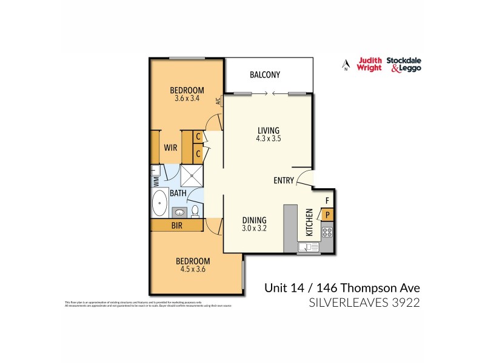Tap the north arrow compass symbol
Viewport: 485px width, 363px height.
346,65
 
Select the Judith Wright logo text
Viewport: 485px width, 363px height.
369,64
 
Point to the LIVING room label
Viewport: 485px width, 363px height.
268,130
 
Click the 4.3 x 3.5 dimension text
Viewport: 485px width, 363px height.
268,139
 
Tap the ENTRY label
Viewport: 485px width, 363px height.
284,180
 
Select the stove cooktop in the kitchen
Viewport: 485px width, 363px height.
327,231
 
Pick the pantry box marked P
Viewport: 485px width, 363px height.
327,214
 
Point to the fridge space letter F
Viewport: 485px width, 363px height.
327,200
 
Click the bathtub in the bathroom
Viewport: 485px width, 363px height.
160,203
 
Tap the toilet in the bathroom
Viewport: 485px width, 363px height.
196,211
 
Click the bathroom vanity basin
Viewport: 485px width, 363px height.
179,212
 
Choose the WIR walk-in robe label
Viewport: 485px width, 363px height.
170,146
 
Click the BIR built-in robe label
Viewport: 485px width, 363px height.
178,226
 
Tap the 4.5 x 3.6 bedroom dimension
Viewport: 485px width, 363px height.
193,270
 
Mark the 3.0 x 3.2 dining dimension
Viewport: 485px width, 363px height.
255,229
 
